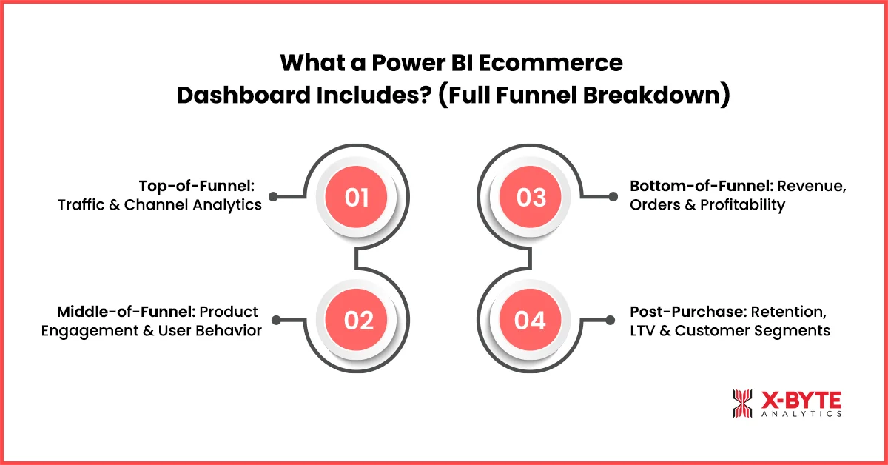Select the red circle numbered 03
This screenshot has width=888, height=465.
(x=531, y=197)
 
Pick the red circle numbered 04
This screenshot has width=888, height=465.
(x=531, y=320)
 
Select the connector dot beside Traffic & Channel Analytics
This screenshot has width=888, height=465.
(x=273, y=197)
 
